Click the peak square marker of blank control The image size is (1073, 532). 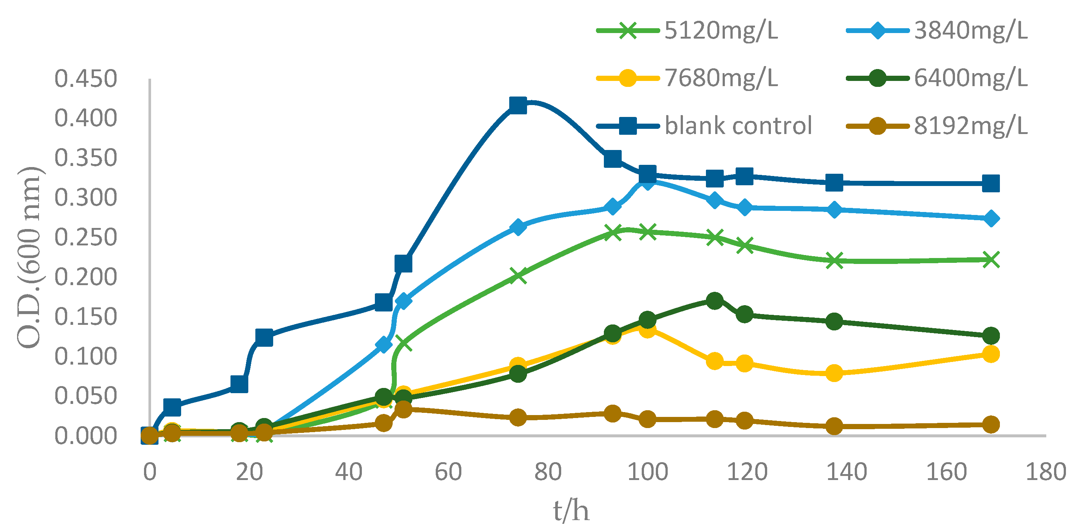pyautogui.click(x=518, y=105)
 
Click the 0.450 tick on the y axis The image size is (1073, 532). pyautogui.click(x=86, y=79)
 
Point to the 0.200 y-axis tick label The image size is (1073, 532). pyautogui.click(x=86, y=277)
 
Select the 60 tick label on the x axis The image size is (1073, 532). pyautogui.click(x=448, y=472)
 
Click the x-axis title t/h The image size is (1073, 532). pyautogui.click(x=571, y=510)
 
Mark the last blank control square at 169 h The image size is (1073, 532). pyautogui.click(x=991, y=183)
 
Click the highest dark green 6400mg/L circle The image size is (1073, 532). pyautogui.click(x=715, y=300)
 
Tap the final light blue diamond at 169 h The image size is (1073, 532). pyautogui.click(x=991, y=218)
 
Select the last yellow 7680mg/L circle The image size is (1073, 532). pyautogui.click(x=991, y=354)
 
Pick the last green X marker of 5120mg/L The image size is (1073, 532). pyautogui.click(x=991, y=260)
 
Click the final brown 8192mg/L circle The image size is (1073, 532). pyautogui.click(x=991, y=424)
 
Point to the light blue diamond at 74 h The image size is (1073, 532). pyautogui.click(x=518, y=227)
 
